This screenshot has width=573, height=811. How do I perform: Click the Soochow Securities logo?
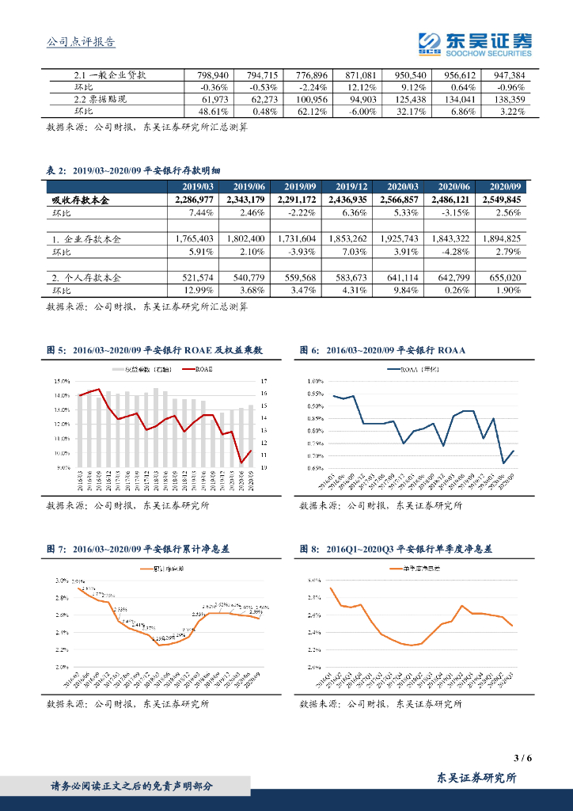click(474, 44)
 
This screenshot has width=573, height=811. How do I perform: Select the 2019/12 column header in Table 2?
click(350, 186)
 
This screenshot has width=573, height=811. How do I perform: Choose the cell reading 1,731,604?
click(297, 238)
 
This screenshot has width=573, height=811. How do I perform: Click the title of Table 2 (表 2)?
click(139, 170)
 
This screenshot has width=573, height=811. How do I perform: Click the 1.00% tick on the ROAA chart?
click(314, 381)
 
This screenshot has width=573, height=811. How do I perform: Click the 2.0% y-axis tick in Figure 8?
click(313, 667)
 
